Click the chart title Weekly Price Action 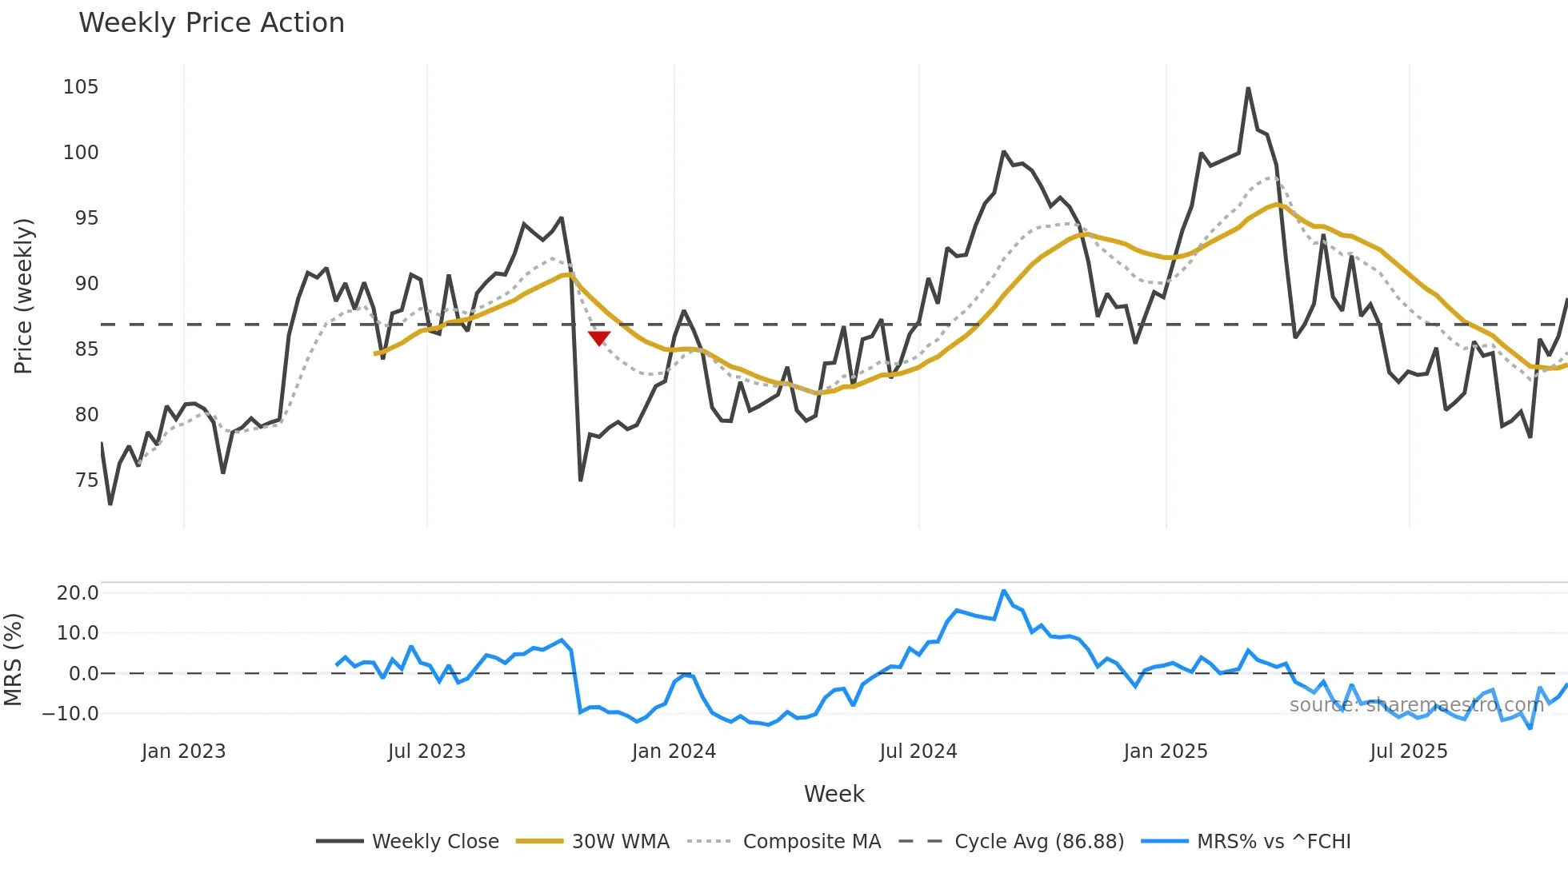[x=211, y=23]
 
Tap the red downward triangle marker [x=599, y=338]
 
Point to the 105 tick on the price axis [x=81, y=86]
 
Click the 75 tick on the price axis [x=86, y=480]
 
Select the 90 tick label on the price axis [x=81, y=283]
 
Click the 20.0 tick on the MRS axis [x=78, y=592]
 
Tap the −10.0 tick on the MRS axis [x=71, y=713]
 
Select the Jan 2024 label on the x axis [x=674, y=751]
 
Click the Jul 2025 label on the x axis [x=1408, y=751]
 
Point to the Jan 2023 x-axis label [x=183, y=751]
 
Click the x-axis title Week [x=834, y=794]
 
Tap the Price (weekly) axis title [x=24, y=296]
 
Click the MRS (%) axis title [x=13, y=660]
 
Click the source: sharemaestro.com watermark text [x=1416, y=705]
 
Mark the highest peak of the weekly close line [x=1248, y=89]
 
